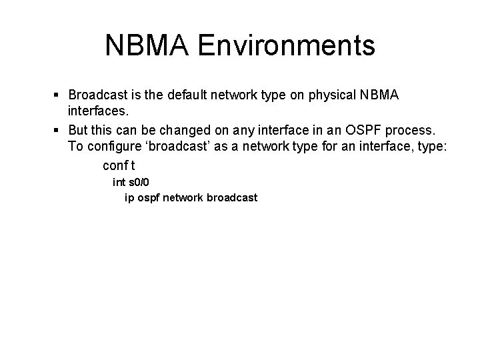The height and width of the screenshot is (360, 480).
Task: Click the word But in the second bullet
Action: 79,129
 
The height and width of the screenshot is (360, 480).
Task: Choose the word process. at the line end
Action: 407,129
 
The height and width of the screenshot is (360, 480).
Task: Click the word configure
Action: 112,147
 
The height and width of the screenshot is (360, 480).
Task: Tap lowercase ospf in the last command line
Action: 147,198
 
